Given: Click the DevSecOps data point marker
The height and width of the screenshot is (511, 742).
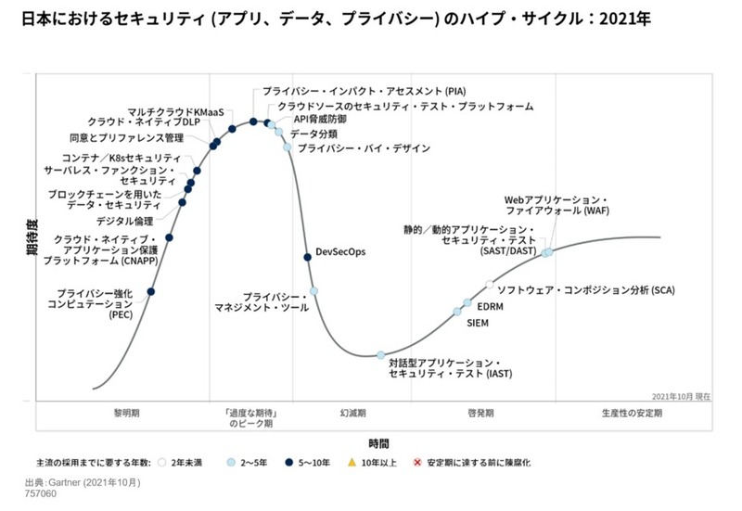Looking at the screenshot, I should (x=308, y=257).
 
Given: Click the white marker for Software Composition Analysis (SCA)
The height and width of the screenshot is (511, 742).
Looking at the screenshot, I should (x=490, y=285).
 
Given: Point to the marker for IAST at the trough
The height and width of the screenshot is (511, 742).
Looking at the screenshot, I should (x=380, y=355).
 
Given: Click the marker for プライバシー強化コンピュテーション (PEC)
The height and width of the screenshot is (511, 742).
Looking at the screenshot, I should (x=151, y=292).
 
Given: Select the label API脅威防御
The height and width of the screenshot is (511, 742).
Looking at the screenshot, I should (x=321, y=120).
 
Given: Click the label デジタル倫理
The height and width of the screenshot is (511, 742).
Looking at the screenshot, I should (x=125, y=221).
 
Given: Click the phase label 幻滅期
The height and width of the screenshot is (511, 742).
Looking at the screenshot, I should (x=352, y=412).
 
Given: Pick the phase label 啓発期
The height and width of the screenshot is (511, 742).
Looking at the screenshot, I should (x=480, y=412).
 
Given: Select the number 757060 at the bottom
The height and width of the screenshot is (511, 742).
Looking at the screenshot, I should (x=43, y=495).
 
